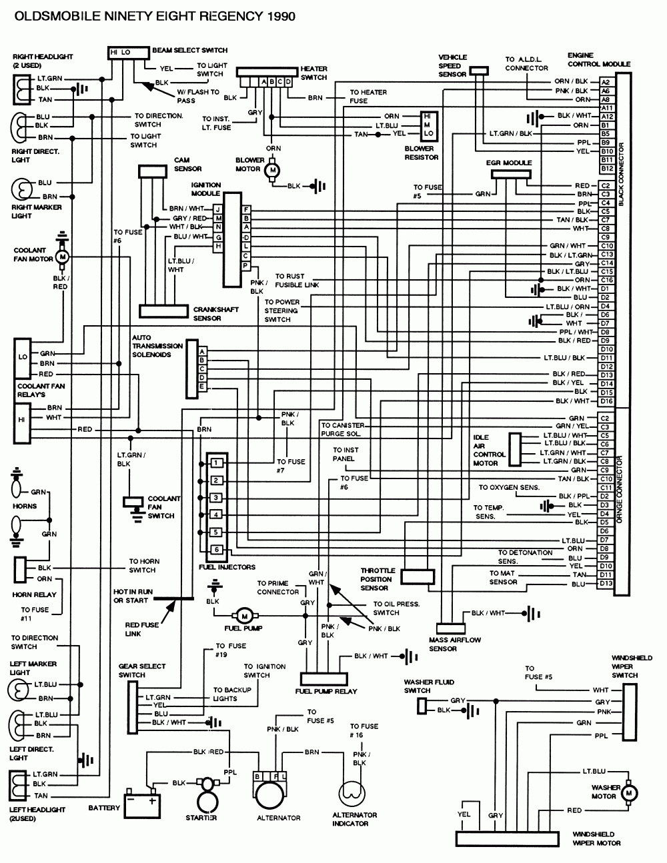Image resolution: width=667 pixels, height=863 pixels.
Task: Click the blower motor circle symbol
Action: click(x=271, y=171)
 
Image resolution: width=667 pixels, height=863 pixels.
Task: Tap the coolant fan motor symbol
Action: click(x=63, y=257)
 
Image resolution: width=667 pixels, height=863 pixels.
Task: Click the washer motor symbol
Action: click(x=629, y=792)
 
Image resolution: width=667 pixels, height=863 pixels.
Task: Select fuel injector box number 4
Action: click(x=216, y=514)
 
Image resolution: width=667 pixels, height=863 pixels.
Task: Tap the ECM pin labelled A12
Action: click(x=606, y=116)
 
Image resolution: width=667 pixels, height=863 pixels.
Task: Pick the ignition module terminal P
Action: click(x=246, y=265)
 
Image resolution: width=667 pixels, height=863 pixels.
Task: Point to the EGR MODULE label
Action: click(x=509, y=163)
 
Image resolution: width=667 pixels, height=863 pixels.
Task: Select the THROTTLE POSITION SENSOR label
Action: click(x=378, y=579)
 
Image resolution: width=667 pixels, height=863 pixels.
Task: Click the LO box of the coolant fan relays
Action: click(x=23, y=357)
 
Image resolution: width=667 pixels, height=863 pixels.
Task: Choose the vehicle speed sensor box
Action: click(x=478, y=70)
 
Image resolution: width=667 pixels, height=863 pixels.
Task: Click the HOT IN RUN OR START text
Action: click(x=133, y=596)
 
